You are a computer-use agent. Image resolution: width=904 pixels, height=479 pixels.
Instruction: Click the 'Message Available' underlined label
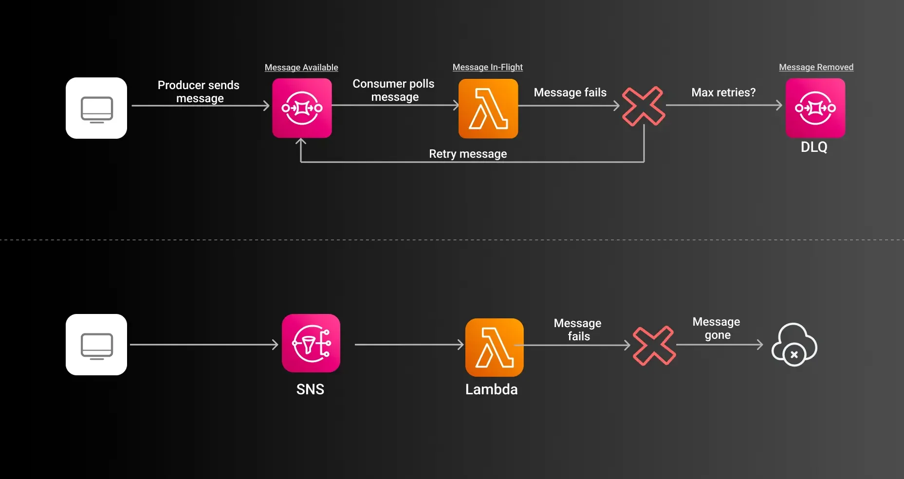coord(301,67)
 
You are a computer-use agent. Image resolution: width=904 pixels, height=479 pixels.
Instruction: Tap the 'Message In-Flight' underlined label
coord(487,67)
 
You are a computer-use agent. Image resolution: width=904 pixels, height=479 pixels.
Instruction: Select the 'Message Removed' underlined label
coord(816,67)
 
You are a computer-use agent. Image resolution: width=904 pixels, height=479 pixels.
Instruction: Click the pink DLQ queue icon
coord(815,108)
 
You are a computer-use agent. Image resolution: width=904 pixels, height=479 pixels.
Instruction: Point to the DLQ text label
coord(814,147)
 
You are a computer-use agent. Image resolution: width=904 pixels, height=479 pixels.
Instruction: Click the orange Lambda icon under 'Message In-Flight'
coord(488,109)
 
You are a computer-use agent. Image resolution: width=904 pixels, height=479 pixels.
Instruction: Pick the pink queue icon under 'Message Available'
coord(302,108)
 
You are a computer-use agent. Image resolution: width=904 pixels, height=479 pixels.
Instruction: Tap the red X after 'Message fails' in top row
coord(644,106)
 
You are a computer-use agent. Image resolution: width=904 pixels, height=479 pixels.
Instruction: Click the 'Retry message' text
coord(468,154)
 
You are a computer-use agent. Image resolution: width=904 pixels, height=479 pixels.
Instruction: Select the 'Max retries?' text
coord(723,92)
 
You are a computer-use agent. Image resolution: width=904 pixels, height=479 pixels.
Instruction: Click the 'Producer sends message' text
coord(199,92)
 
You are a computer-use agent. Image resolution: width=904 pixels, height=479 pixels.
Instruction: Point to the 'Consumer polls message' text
coord(394,90)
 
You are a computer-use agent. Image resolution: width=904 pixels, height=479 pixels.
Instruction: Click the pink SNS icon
coord(311,343)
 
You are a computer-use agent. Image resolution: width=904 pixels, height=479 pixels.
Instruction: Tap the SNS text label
coord(310,389)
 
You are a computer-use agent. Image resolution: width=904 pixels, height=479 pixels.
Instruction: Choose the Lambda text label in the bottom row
coord(491,389)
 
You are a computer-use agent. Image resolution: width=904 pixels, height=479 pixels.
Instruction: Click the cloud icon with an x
coord(794,345)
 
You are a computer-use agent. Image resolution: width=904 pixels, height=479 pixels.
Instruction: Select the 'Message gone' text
coord(717,328)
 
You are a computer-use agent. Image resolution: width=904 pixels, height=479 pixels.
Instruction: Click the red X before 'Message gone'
coord(654,346)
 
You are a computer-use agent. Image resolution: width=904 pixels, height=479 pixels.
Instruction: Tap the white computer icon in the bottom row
coord(96,345)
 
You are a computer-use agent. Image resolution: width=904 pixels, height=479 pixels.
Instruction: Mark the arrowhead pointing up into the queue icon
coord(301,142)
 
